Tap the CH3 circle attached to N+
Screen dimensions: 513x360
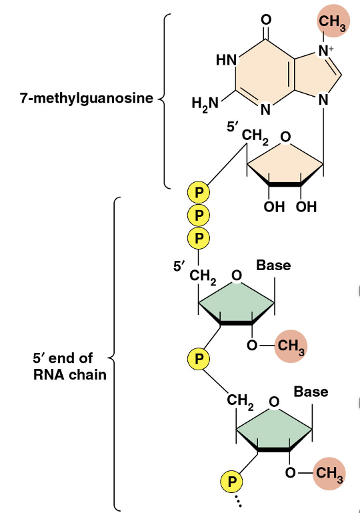click(331, 23)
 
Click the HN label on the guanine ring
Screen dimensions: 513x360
click(227, 60)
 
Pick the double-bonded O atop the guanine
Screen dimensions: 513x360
click(266, 19)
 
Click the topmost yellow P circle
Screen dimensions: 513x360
click(199, 193)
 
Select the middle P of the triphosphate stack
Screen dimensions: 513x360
click(199, 215)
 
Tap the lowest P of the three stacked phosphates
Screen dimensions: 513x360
click(199, 236)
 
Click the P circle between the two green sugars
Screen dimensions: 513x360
click(199, 359)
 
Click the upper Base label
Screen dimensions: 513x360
click(273, 265)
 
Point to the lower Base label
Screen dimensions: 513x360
click(311, 391)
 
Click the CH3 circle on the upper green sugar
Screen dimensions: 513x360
click(291, 346)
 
